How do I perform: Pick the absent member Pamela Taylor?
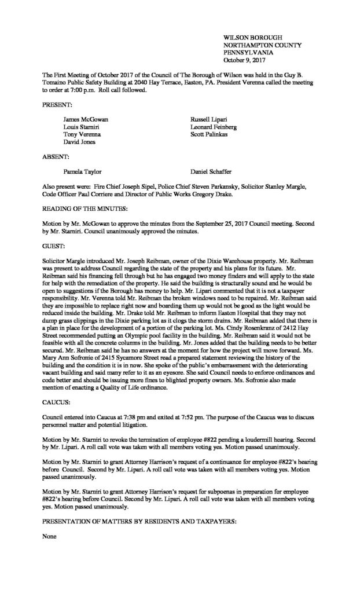tap(83, 171)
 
